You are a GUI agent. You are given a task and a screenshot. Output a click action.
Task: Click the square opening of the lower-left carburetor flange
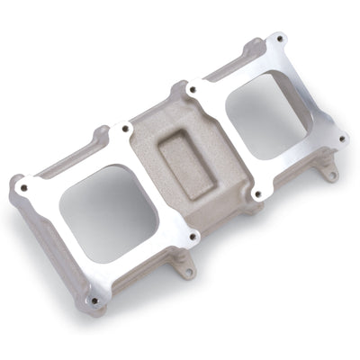click(x=108, y=212)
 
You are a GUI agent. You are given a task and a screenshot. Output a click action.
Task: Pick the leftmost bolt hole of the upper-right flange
click(x=191, y=90)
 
